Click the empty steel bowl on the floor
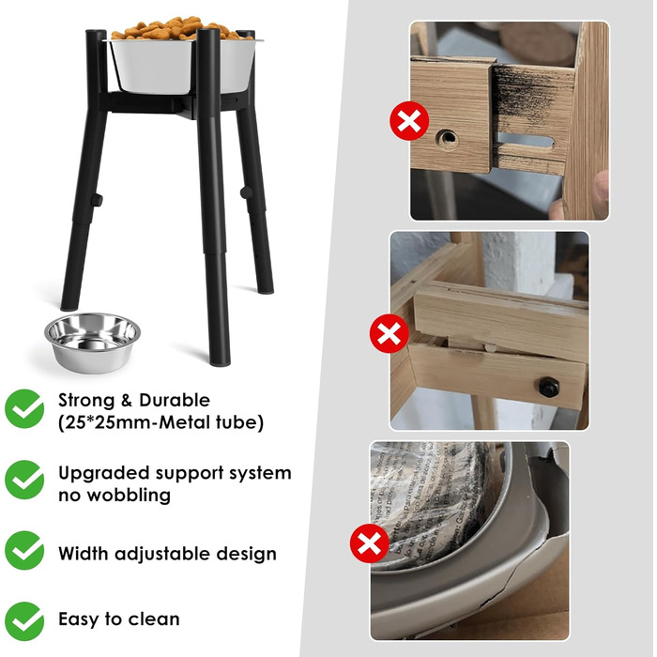pos(92,343)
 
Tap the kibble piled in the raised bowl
pos(180,28)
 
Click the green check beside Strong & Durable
pos(24,408)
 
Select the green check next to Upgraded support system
pos(24,480)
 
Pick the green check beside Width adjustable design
pos(24,550)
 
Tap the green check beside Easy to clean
pos(24,621)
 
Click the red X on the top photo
pos(409,121)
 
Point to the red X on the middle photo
pos(390,333)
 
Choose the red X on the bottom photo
pos(370,543)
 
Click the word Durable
pos(175,400)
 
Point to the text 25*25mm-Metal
pos(138,422)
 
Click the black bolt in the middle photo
pos(549,387)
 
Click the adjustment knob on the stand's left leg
pos(97,200)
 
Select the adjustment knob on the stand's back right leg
pos(246,192)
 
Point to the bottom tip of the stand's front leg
pos(220,364)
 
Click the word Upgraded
pos(104,474)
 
